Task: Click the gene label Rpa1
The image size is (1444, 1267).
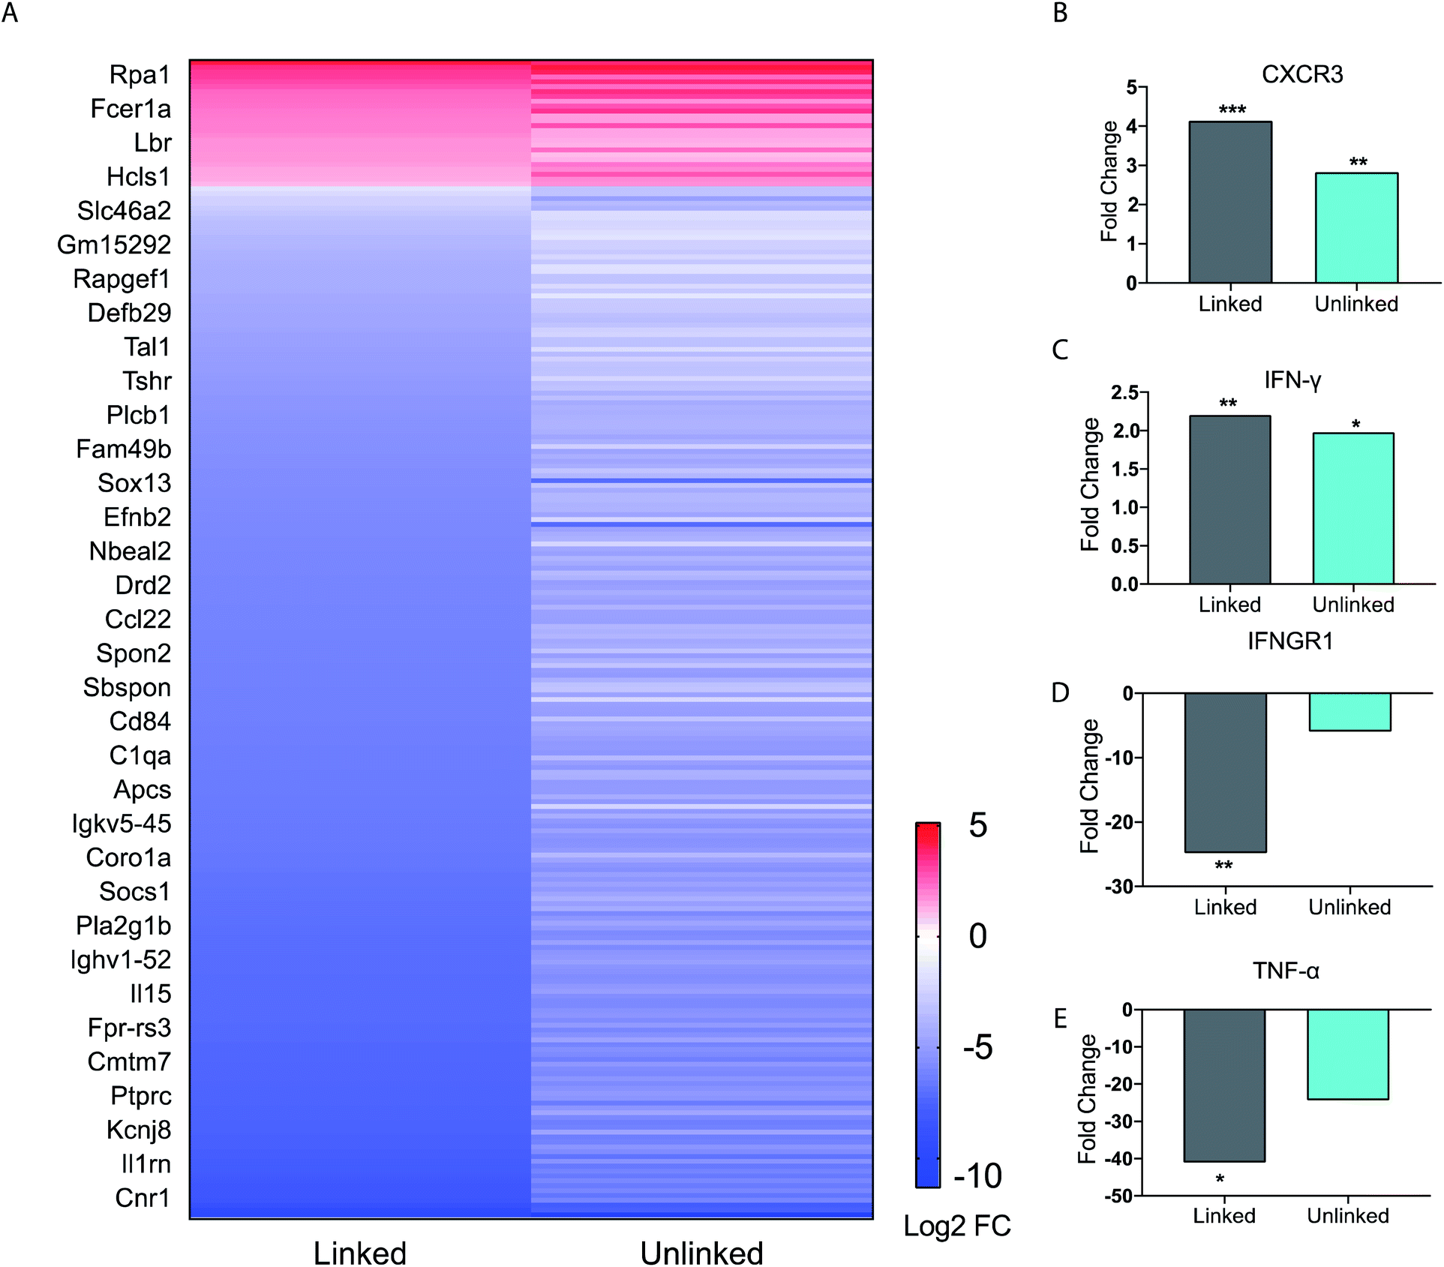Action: pos(140,75)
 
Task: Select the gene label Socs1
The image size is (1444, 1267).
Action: pos(135,892)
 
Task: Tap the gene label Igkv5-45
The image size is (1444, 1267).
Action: pos(122,824)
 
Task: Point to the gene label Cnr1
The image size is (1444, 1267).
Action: pos(143,1198)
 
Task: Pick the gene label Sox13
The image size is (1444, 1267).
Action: pos(134,483)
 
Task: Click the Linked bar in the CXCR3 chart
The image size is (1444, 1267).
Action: pos(1230,203)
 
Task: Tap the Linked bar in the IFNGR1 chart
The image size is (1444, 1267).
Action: pos(1225,773)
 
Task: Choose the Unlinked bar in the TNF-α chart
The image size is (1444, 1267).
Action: pos(1348,1054)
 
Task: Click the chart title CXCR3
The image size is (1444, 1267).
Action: pos(1302,74)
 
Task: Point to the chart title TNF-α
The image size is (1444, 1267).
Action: pos(1286,971)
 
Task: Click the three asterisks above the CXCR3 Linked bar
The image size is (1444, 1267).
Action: pos(1232,110)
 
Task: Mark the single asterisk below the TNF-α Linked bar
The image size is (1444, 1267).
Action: pos(1220,1179)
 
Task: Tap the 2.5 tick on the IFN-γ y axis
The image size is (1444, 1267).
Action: pos(1124,392)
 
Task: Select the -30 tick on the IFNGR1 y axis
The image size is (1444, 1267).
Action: pos(1119,887)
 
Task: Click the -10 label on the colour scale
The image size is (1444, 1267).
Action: pos(977,1175)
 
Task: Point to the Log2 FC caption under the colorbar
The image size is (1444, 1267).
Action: pos(957,1226)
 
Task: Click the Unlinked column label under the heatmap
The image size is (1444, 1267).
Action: pos(701,1253)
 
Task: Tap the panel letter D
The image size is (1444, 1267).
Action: pos(1060,692)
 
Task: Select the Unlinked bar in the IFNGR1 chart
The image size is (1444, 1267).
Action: pos(1349,712)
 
